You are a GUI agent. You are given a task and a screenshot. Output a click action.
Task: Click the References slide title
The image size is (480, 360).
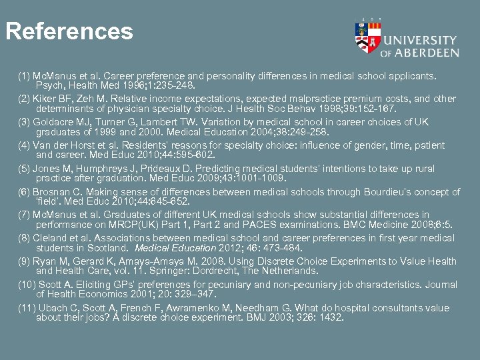(x=69, y=31)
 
